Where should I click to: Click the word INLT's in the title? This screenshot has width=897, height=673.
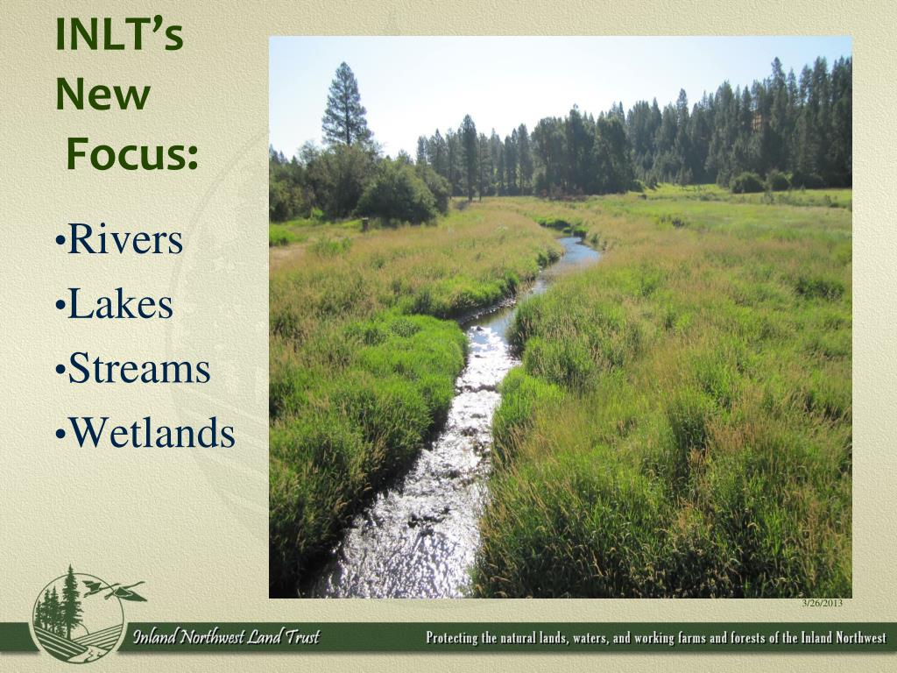click(119, 35)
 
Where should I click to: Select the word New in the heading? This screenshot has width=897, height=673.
click(103, 95)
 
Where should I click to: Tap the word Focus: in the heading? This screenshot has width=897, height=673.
click(133, 154)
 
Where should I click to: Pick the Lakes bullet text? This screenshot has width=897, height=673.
click(115, 303)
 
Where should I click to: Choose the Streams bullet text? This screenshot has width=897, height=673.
click(133, 368)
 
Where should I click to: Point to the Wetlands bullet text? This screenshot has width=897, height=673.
click(146, 433)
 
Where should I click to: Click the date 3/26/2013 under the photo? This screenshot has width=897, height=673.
click(822, 603)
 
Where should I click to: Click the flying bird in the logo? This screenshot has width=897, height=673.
click(115, 590)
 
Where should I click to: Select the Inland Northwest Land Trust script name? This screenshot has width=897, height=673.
click(227, 637)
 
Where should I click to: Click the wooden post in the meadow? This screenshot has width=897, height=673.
click(364, 223)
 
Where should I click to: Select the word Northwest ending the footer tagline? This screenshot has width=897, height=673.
click(861, 638)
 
